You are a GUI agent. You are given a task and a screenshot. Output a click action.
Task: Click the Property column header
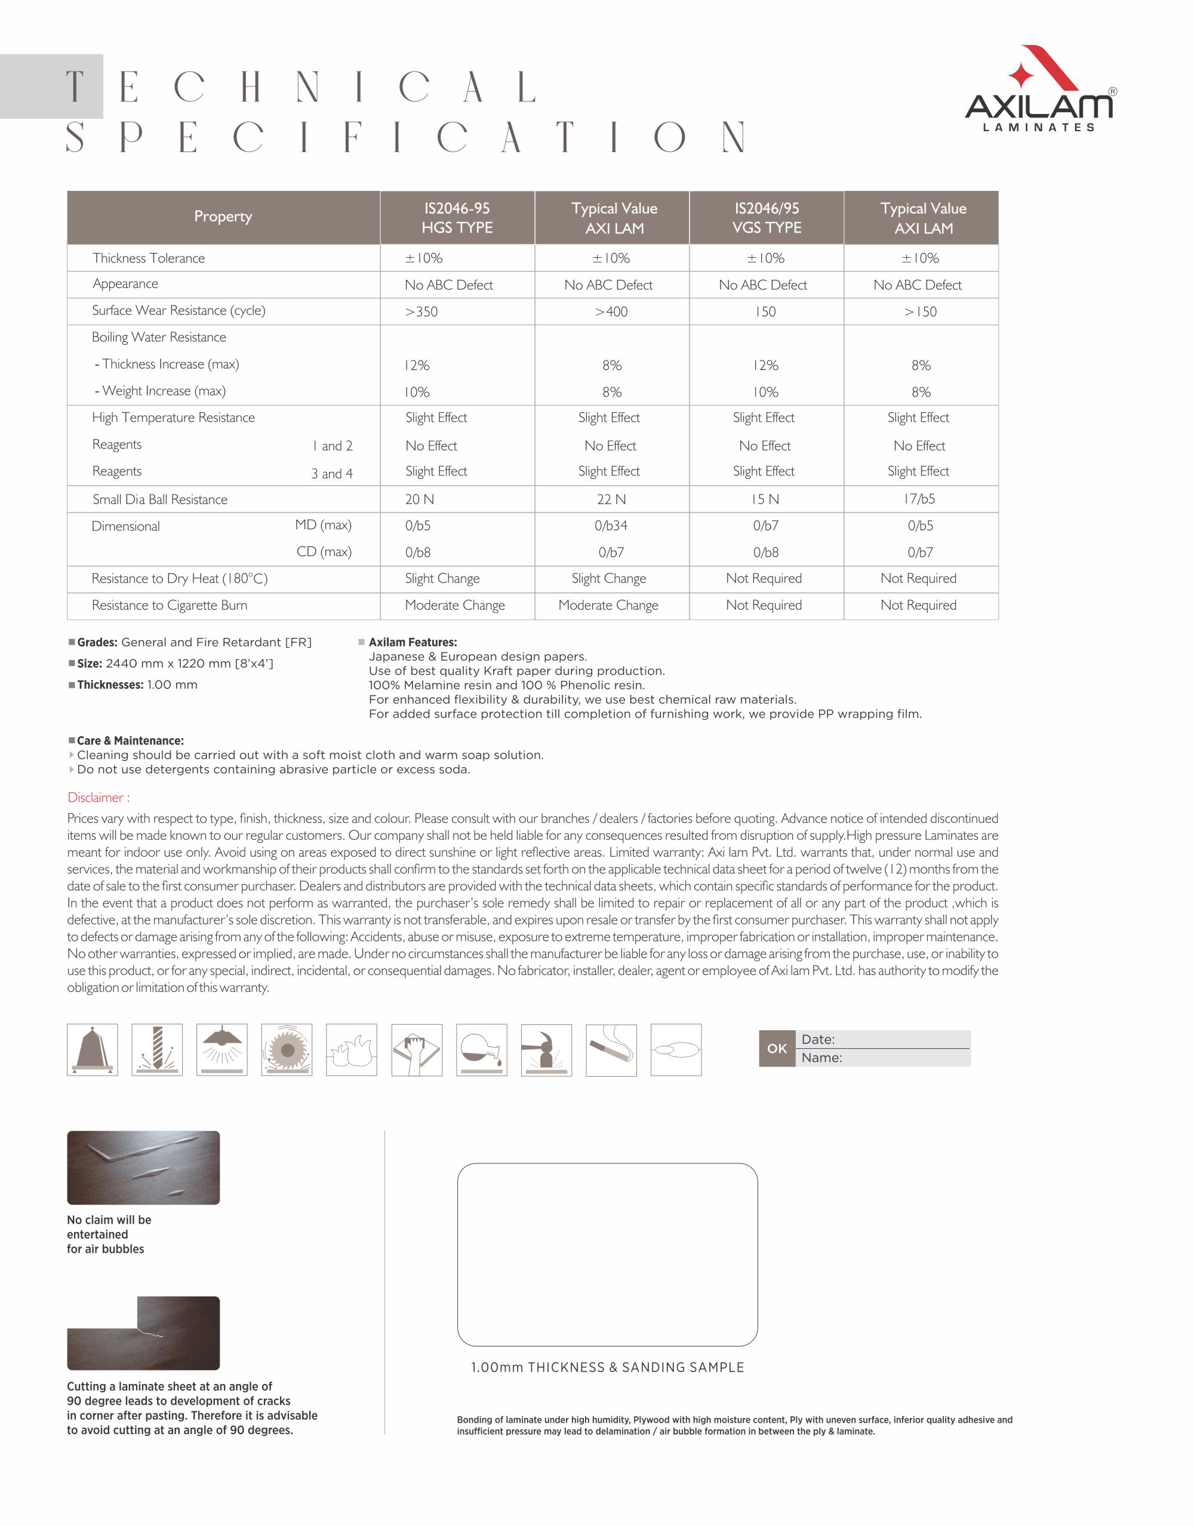[x=223, y=217]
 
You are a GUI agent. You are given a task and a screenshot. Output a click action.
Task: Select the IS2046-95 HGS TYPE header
[x=457, y=218]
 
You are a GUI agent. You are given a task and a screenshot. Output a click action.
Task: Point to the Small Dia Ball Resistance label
[x=160, y=499]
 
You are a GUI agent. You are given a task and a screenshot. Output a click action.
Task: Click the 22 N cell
[x=612, y=499]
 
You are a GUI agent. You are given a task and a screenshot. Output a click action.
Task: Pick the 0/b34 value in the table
[x=612, y=526]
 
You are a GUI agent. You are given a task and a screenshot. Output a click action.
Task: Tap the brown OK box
[x=777, y=1048]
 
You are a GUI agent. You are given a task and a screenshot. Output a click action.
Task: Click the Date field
[x=884, y=1040]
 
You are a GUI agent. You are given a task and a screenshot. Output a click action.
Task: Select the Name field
[x=884, y=1058]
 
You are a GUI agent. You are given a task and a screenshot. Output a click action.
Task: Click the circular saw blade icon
[x=287, y=1049]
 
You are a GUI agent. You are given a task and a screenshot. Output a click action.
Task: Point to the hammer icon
[x=546, y=1049]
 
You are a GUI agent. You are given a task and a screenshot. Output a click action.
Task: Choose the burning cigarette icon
[x=611, y=1049]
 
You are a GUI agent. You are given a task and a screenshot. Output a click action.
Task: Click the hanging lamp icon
[x=221, y=1049]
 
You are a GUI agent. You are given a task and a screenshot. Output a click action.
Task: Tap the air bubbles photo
[x=143, y=1167]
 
